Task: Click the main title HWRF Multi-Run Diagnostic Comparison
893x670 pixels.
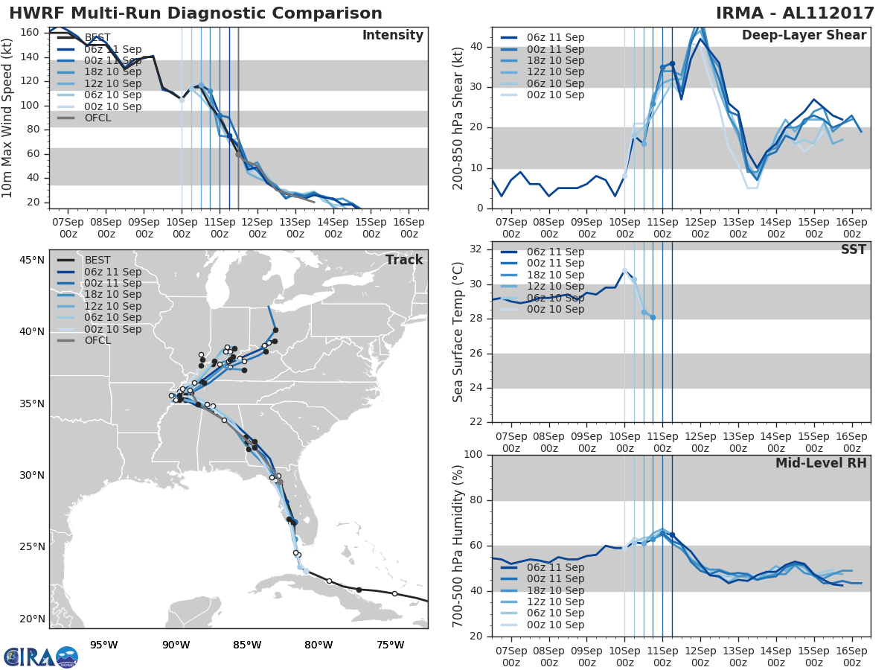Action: tap(196, 13)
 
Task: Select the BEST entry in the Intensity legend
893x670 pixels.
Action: tap(97, 37)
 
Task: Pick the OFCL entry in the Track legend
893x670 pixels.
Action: tap(97, 340)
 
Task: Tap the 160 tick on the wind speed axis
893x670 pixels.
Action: tap(31, 33)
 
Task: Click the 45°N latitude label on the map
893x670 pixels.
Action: tap(31, 260)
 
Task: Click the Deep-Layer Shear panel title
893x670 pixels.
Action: tap(804, 36)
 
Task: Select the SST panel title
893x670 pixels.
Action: tap(854, 249)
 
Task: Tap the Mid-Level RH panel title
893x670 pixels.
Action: tap(821, 463)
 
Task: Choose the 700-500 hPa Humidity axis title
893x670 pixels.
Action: tap(458, 545)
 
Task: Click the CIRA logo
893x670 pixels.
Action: tap(41, 656)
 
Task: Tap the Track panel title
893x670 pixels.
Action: tap(404, 260)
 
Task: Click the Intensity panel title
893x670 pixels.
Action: tap(392, 36)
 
